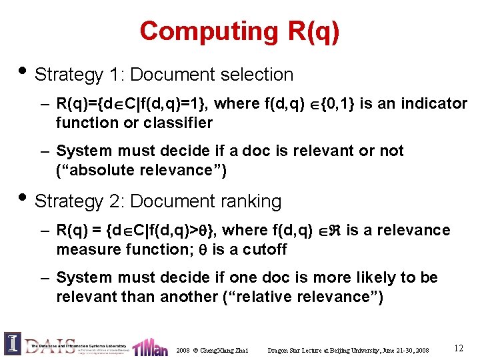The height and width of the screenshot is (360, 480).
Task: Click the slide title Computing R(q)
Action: pos(239,31)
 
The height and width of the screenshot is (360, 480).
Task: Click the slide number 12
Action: pos(458,348)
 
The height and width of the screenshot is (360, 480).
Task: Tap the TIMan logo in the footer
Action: pos(150,347)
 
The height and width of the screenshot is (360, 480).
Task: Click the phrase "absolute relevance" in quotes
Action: pos(141,170)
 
